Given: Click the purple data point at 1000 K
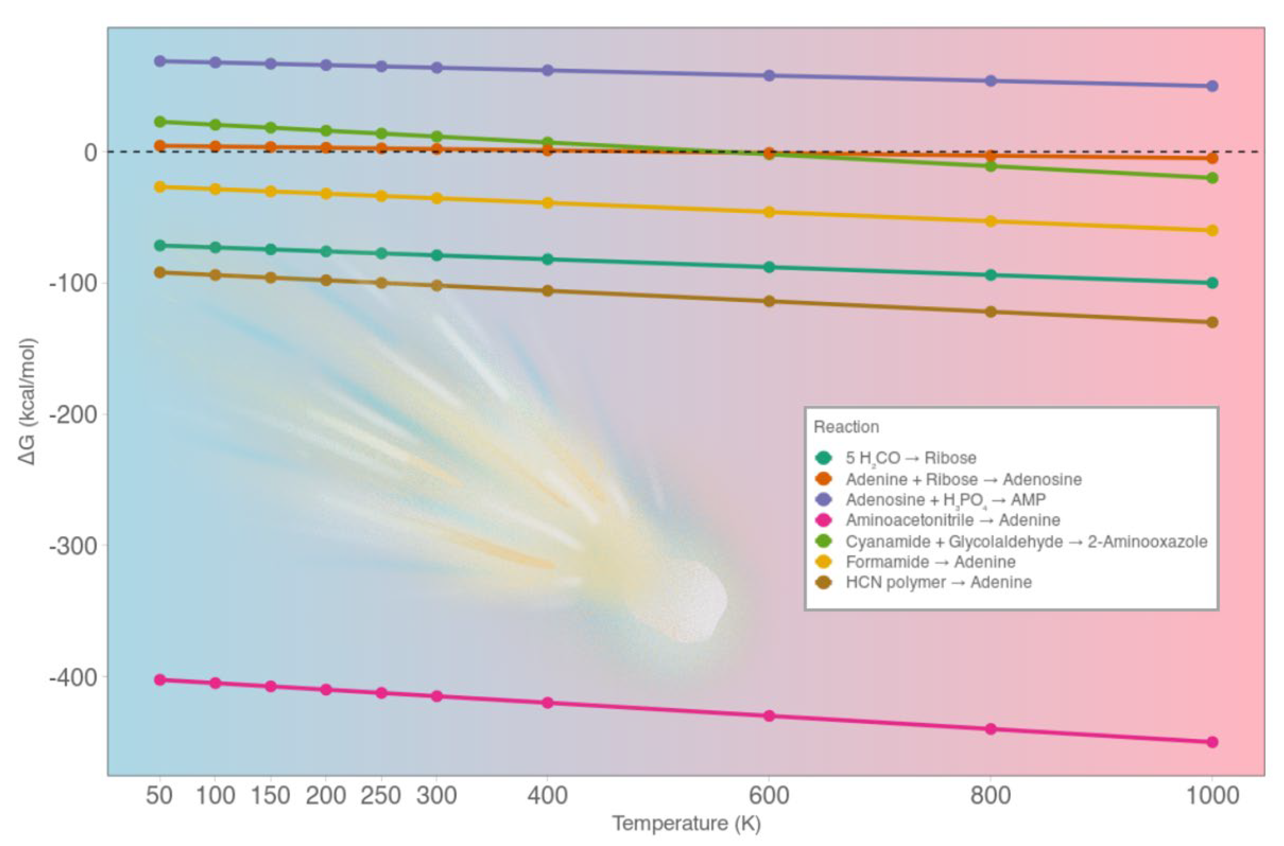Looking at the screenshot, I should [1212, 86].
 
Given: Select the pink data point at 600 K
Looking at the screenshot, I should [769, 716].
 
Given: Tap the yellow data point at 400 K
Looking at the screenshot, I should [547, 203].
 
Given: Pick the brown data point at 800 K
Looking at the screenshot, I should [991, 312].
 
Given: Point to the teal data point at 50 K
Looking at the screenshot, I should [160, 246].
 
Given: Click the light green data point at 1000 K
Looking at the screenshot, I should [1212, 178].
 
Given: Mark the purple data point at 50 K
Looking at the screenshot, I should [160, 61].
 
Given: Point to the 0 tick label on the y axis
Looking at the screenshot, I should [90, 153].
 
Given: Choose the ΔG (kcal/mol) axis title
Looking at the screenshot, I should [27, 401].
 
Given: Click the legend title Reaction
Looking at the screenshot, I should [846, 427].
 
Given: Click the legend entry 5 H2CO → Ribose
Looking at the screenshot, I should [910, 458].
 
